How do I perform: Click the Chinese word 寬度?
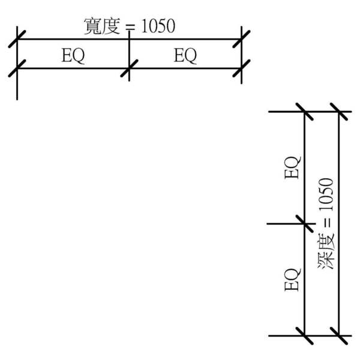(102, 26)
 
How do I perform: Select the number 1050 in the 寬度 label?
(158, 26)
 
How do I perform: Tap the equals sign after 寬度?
(129, 27)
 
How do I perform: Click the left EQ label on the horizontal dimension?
(73, 56)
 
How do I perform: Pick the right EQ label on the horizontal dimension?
(185, 56)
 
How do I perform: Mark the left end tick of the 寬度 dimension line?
(17, 40)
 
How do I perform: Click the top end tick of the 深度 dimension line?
(340, 112)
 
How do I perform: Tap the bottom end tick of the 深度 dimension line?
(340, 336)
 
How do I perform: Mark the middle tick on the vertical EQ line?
(305, 224)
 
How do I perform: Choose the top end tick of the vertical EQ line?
(305, 112)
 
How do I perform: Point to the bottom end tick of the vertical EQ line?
(305, 336)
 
